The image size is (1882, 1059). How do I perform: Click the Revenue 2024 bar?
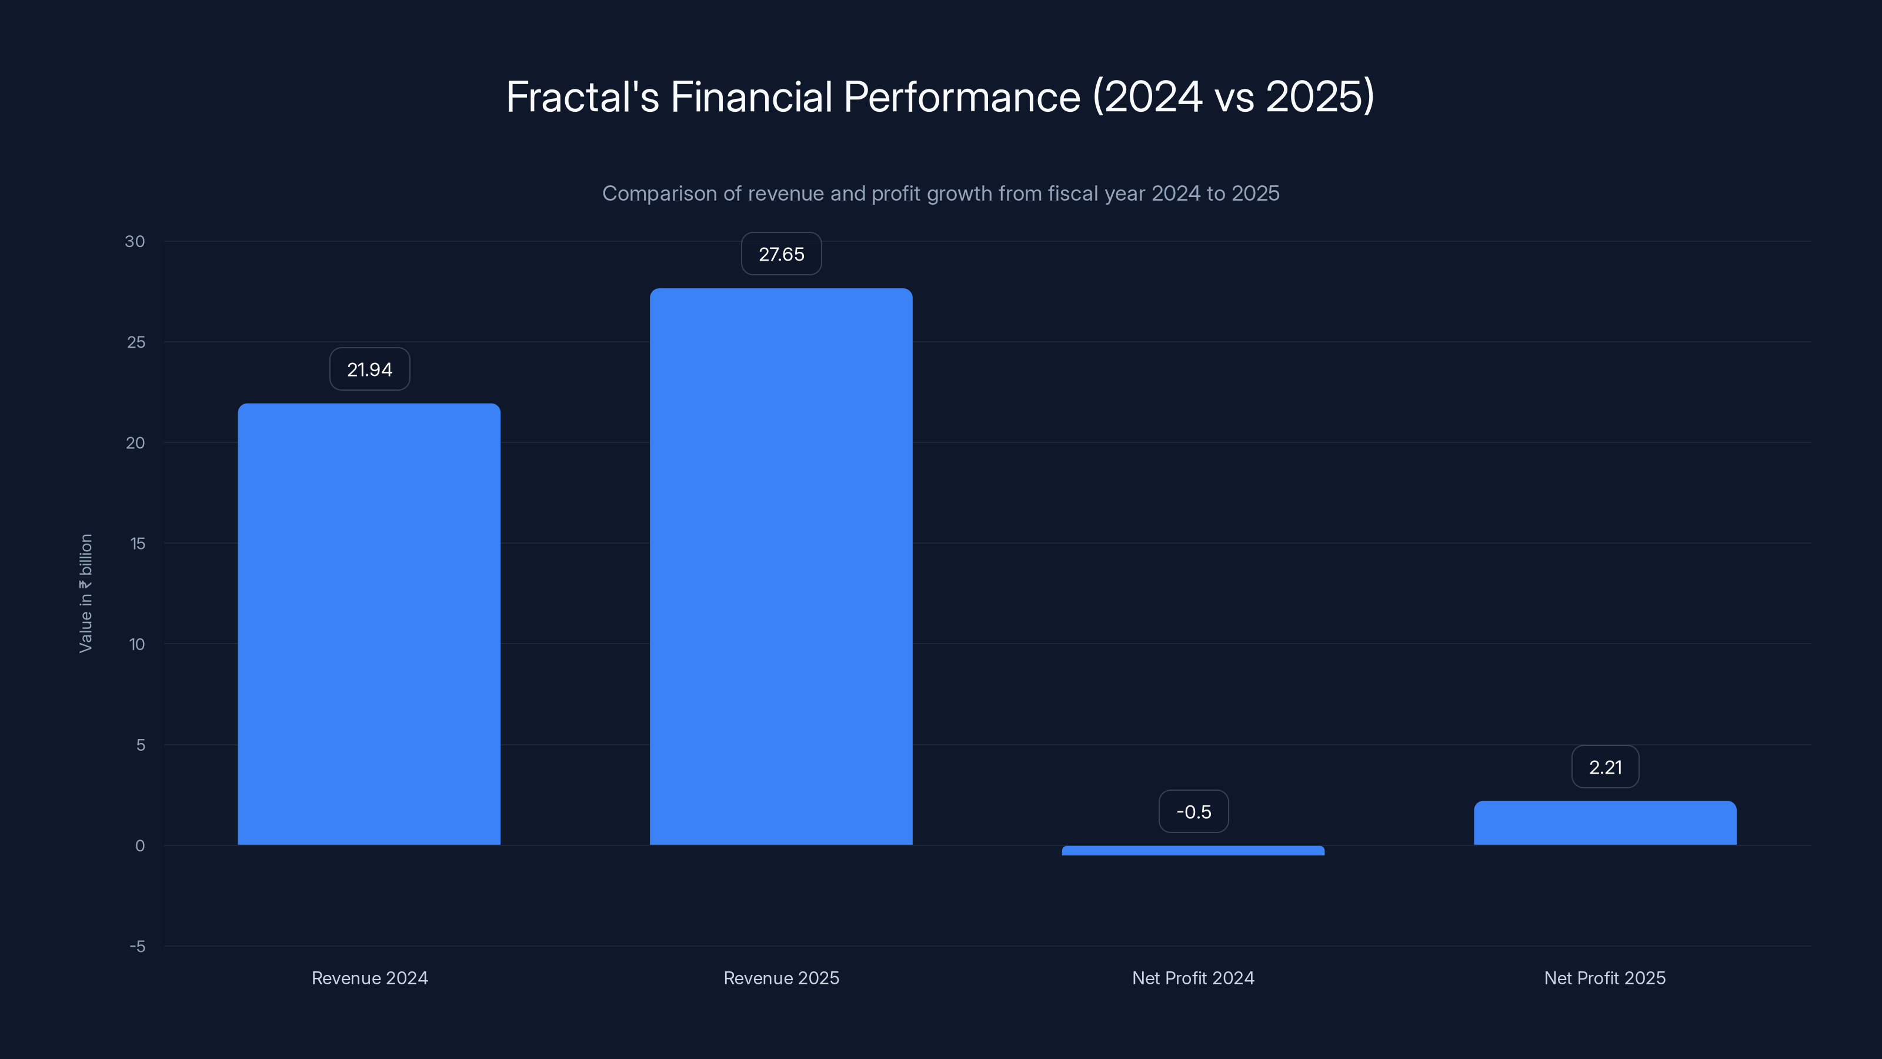pos(369,624)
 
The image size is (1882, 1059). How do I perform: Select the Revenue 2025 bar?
pos(781,567)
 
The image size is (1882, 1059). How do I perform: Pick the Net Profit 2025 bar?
pos(1604,823)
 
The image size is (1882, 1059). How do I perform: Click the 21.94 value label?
pos(370,370)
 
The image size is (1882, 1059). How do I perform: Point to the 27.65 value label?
pos(781,254)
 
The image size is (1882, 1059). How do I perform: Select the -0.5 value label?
pos(1193,812)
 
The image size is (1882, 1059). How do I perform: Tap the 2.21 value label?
pos(1605,767)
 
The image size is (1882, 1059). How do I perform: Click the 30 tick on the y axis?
pos(135,242)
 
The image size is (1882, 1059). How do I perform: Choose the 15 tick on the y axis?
pos(138,544)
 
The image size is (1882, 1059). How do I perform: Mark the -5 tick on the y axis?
pos(138,947)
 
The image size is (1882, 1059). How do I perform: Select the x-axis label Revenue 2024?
pos(370,978)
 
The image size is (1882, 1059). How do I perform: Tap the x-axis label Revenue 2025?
pos(781,978)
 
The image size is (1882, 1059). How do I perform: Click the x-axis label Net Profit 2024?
pos(1193,978)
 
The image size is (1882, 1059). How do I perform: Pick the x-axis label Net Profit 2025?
pos(1604,978)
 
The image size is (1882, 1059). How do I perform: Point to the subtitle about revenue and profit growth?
pos(940,194)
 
